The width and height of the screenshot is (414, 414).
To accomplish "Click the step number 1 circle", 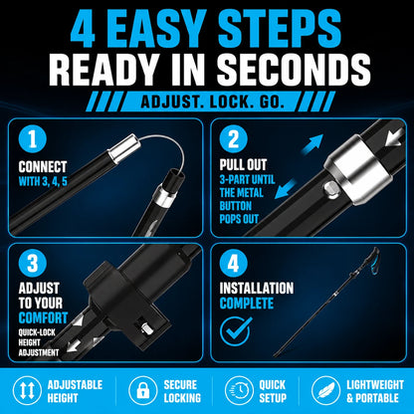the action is click(x=33, y=139).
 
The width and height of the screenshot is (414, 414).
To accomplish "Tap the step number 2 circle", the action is click(x=234, y=139).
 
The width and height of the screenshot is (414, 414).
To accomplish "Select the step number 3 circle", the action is click(x=33, y=264).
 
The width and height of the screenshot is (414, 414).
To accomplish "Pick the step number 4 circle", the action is click(x=234, y=264).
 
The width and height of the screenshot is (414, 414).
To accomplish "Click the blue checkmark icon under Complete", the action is click(x=236, y=330).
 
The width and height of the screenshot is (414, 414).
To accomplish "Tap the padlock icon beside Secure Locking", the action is click(x=143, y=391).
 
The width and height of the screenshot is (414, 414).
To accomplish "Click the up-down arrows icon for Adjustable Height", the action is click(x=28, y=391).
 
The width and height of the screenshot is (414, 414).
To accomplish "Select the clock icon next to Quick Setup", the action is click(x=239, y=391).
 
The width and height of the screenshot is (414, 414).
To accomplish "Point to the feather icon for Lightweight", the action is click(x=326, y=391).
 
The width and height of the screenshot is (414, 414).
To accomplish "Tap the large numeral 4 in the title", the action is click(x=84, y=28).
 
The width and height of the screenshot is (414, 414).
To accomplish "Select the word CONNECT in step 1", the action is click(x=43, y=167).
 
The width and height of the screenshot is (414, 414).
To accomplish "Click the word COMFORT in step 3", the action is click(x=43, y=317).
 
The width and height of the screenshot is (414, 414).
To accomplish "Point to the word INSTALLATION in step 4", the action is click(x=257, y=288).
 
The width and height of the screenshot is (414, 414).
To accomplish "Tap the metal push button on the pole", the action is click(x=330, y=190).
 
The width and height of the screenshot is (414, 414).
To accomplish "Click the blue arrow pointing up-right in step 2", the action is click(x=312, y=143).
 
